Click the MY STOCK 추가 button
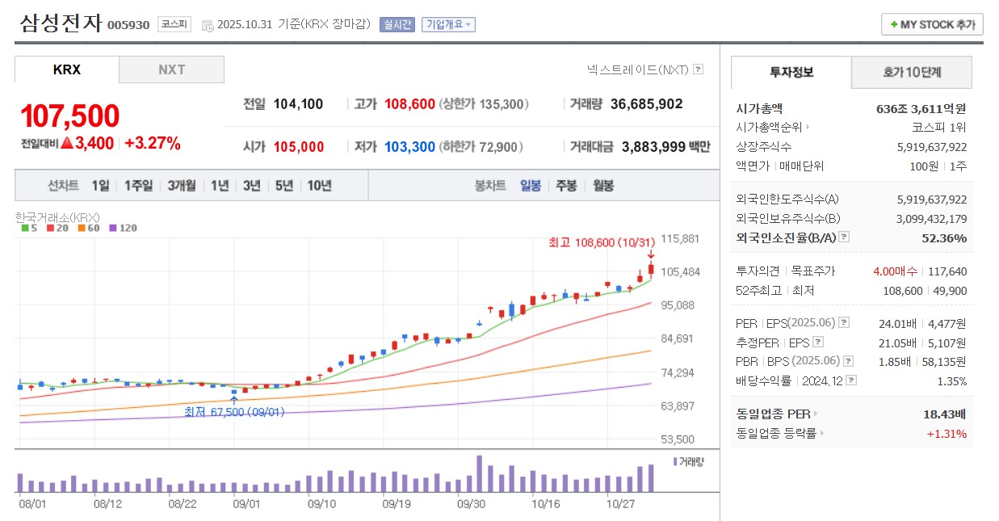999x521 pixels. click(x=932, y=24)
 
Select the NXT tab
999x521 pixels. click(x=171, y=69)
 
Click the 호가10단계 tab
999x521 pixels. click(x=911, y=73)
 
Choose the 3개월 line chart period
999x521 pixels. click(x=182, y=185)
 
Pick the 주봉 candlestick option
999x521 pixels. click(x=566, y=185)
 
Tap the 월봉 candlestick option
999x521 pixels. click(x=603, y=185)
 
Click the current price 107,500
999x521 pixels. click(x=70, y=116)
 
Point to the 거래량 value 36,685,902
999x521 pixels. click(x=646, y=104)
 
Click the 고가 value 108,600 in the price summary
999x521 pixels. click(x=409, y=104)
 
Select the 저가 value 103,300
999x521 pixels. click(x=409, y=147)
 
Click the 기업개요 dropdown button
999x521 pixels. click(x=449, y=24)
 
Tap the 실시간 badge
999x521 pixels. click(x=397, y=24)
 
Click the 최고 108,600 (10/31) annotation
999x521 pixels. click(x=602, y=242)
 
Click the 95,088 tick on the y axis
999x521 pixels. click(x=678, y=305)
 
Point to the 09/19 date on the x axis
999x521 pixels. click(x=397, y=502)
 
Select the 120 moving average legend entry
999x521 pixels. click(x=123, y=228)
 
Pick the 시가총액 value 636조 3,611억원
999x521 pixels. click(x=921, y=108)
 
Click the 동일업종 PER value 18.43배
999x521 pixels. click(x=944, y=414)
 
